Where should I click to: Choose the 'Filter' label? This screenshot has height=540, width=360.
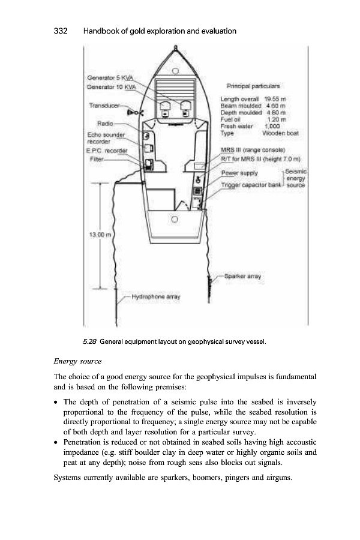click(95, 160)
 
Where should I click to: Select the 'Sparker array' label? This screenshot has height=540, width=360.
click(242, 277)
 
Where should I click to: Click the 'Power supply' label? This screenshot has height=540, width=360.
click(240, 173)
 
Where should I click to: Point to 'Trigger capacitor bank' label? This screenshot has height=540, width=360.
click(249, 187)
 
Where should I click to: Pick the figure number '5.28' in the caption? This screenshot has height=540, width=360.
click(90, 343)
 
